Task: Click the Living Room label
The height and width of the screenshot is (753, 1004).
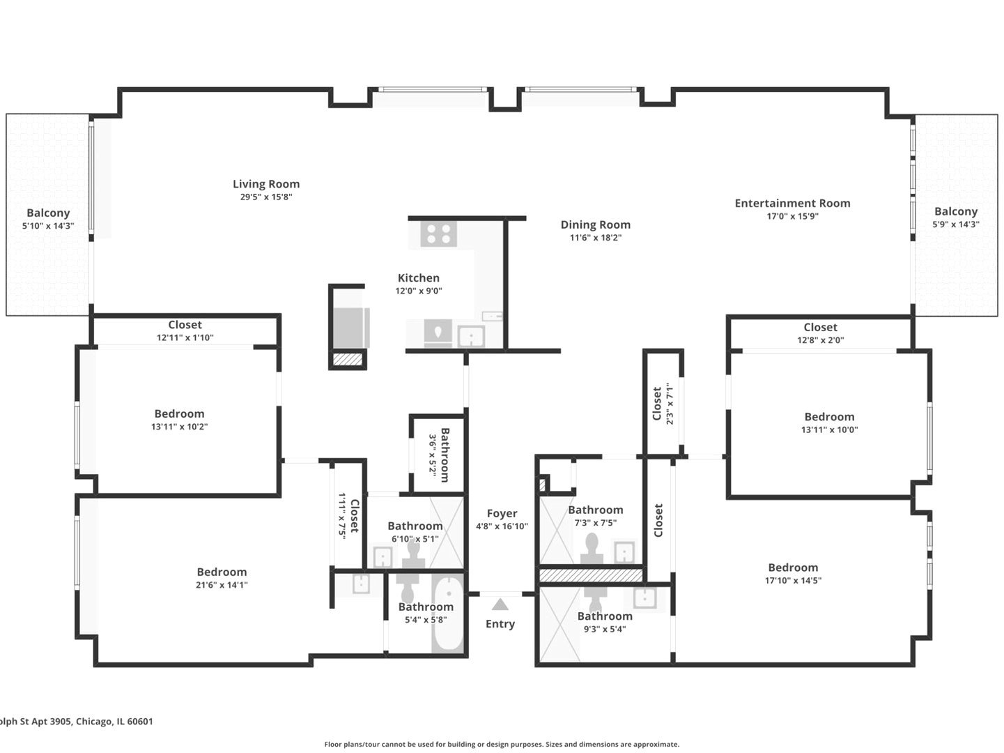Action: coord(266,184)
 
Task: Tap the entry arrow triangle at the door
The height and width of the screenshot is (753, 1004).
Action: coord(500,604)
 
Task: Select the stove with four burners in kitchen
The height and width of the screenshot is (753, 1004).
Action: coord(438,234)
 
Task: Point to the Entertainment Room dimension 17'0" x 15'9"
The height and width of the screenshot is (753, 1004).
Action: coord(792,216)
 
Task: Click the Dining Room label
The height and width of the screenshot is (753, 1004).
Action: coord(595,225)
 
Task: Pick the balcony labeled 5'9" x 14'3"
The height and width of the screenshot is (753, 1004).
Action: coord(955,215)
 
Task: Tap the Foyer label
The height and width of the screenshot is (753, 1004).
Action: coord(502,513)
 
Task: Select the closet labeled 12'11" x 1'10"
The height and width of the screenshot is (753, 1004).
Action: coord(185,330)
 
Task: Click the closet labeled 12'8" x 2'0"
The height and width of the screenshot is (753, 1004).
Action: coord(820,333)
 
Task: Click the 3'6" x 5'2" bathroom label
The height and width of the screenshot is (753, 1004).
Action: coord(439,455)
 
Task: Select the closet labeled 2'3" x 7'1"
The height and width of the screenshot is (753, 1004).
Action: coord(663,404)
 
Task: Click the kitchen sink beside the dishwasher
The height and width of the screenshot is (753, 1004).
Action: coord(472,337)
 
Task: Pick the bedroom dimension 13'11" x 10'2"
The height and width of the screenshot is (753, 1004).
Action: coord(179,427)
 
